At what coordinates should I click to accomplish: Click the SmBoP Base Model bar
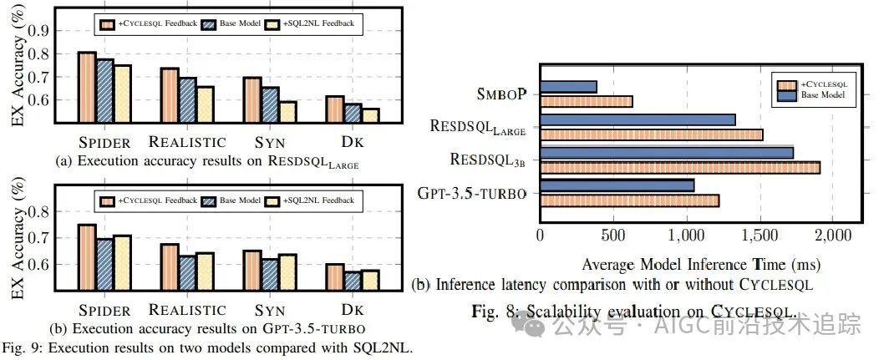[x=568, y=86]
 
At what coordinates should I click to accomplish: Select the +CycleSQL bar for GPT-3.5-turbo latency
[x=629, y=200]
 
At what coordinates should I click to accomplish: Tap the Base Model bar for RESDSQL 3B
[x=666, y=152]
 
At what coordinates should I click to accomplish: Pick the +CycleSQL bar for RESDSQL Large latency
[x=651, y=134]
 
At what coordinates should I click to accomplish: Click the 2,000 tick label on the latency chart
[x=830, y=236]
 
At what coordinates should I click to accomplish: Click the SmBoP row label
[x=502, y=93]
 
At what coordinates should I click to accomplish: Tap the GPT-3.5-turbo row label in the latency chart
[x=471, y=193]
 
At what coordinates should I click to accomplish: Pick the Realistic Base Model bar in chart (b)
[x=187, y=270]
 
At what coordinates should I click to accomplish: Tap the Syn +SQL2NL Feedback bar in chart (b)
[x=287, y=269]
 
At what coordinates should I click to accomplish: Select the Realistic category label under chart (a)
[x=187, y=142]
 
